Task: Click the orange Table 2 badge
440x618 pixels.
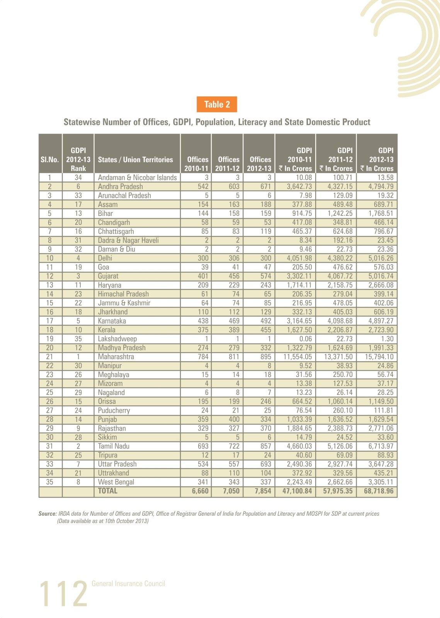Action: click(x=217, y=104)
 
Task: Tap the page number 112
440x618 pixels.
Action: click(x=63, y=593)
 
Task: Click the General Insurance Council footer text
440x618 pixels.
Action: click(x=128, y=584)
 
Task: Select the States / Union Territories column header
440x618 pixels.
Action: click(x=135, y=160)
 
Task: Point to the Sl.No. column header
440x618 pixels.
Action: click(x=50, y=160)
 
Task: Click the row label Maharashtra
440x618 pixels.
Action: click(x=116, y=357)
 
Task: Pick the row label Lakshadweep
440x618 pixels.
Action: click(x=117, y=339)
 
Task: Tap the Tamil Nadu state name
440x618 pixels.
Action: click(x=113, y=446)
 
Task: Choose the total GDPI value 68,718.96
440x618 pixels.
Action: click(x=379, y=491)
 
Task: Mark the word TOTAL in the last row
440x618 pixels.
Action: click(x=108, y=491)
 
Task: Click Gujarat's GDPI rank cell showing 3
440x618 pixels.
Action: click(x=78, y=276)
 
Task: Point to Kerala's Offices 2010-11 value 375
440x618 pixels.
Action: click(x=203, y=330)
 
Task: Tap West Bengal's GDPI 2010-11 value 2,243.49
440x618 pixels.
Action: click(x=299, y=482)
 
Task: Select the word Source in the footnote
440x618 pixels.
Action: click(x=48, y=514)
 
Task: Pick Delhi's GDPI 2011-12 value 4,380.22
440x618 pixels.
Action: click(x=340, y=258)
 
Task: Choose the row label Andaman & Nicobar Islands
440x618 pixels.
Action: click(x=137, y=177)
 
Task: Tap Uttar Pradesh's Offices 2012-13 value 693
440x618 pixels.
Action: click(x=266, y=464)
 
